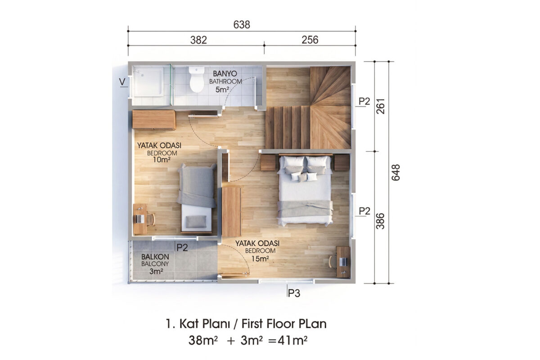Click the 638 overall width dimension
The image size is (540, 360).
click(242, 25)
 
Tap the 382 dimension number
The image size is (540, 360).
click(198, 40)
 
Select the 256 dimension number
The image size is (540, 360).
click(310, 40)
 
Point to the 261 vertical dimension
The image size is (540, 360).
click(380, 106)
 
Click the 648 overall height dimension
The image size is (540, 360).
click(396, 172)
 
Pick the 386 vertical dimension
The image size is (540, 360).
click(380, 221)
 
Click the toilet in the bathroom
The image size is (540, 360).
click(197, 79)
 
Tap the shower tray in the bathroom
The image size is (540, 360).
click(148, 82)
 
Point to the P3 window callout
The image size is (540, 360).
click(294, 293)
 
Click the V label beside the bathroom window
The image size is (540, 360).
click(122, 82)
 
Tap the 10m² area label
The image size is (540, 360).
click(162, 159)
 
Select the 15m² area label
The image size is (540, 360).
click(260, 259)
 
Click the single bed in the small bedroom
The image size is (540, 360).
click(197, 198)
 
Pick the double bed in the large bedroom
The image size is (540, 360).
click(305, 190)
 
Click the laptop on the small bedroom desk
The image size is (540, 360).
click(140, 219)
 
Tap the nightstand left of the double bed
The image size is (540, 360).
click(268, 162)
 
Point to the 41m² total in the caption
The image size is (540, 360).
click(292, 341)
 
